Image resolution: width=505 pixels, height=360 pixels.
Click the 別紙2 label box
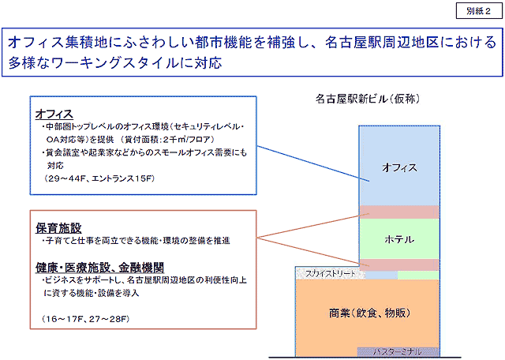point(477,11)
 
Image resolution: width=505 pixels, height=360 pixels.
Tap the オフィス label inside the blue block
point(398,167)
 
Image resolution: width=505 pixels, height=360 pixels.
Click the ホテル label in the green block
point(398,238)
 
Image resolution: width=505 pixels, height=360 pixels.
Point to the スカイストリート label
point(327,273)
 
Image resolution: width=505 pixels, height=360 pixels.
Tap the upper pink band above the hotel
point(398,212)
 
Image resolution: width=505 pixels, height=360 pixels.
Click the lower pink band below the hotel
point(398,264)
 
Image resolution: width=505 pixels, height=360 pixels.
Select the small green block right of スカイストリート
point(417,274)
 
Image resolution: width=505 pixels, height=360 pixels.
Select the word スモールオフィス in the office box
point(182,152)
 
